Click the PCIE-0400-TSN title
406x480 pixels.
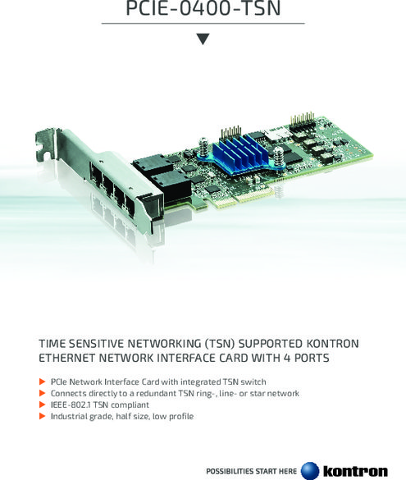click(203, 8)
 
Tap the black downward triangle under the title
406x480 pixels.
click(203, 39)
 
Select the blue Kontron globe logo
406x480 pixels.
click(310, 471)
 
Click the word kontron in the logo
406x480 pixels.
click(355, 471)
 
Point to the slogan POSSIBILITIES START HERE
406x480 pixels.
click(251, 471)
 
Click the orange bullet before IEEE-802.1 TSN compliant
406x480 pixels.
click(42, 405)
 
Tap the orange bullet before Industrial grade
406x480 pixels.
click(42, 416)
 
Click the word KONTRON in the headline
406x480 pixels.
click(332, 344)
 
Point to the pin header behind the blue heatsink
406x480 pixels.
click(231, 132)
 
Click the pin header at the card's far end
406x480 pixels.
click(302, 119)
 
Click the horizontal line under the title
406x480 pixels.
click(203, 23)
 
